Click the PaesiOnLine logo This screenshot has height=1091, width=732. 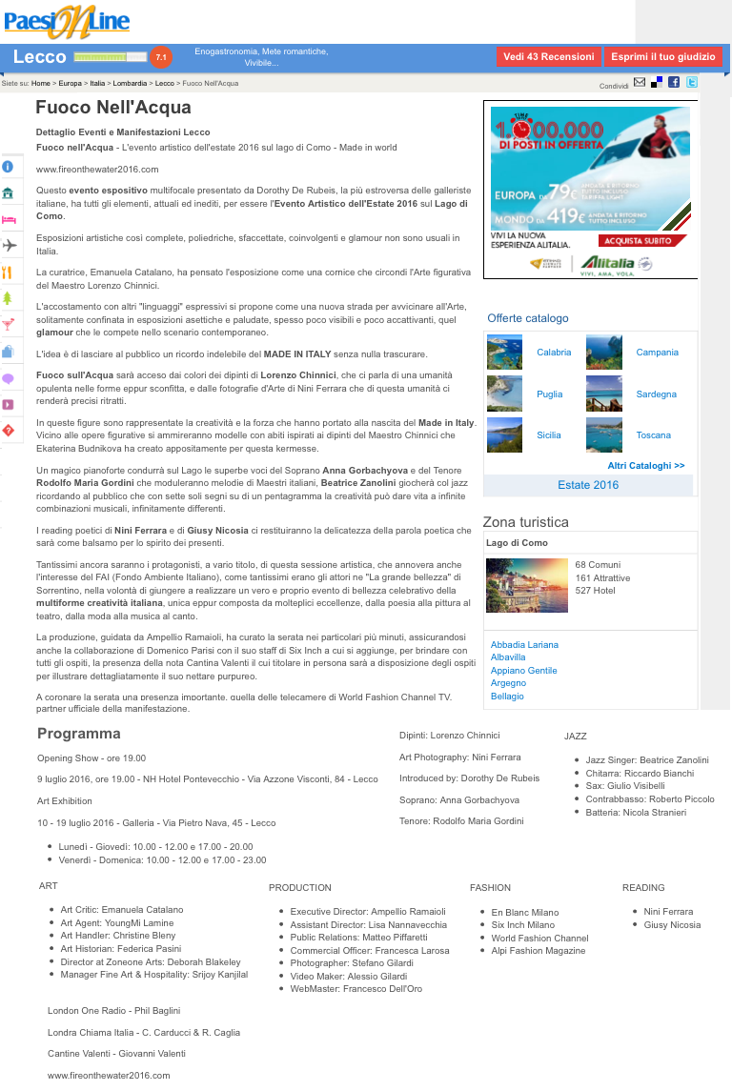coord(67,21)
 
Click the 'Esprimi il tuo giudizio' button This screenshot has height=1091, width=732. coord(662,57)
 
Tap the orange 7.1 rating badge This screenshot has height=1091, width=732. coord(161,57)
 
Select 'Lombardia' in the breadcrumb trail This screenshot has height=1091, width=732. coord(130,84)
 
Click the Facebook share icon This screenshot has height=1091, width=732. coord(674,83)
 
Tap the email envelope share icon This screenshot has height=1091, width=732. coord(640,83)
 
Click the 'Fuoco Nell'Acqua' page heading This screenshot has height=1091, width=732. coord(113,108)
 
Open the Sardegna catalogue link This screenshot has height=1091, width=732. coord(656,394)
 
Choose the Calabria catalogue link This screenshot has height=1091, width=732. coord(554,353)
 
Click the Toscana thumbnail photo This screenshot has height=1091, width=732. coord(603,435)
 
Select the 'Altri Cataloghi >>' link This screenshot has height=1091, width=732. coord(645,466)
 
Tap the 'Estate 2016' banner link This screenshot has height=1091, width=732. coord(588,485)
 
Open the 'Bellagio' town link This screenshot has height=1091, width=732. coord(508,697)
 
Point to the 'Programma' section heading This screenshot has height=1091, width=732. coord(79,734)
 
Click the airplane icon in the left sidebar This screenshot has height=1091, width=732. coord(10,246)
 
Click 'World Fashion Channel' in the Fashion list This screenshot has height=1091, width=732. coord(539,939)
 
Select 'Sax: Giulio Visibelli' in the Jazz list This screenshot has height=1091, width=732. coord(625,786)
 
